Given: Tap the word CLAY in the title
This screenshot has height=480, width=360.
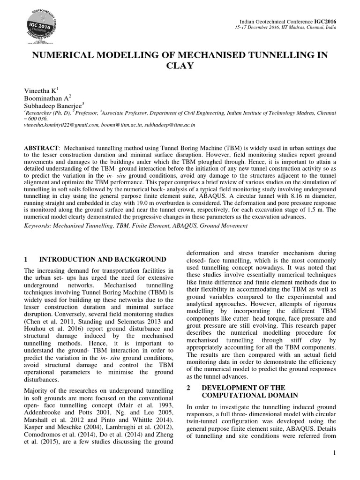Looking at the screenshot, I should (x=180, y=66).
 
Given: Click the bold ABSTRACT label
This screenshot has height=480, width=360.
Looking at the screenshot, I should (x=41, y=148).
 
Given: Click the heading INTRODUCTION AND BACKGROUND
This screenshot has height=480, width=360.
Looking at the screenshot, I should (x=102, y=259).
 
